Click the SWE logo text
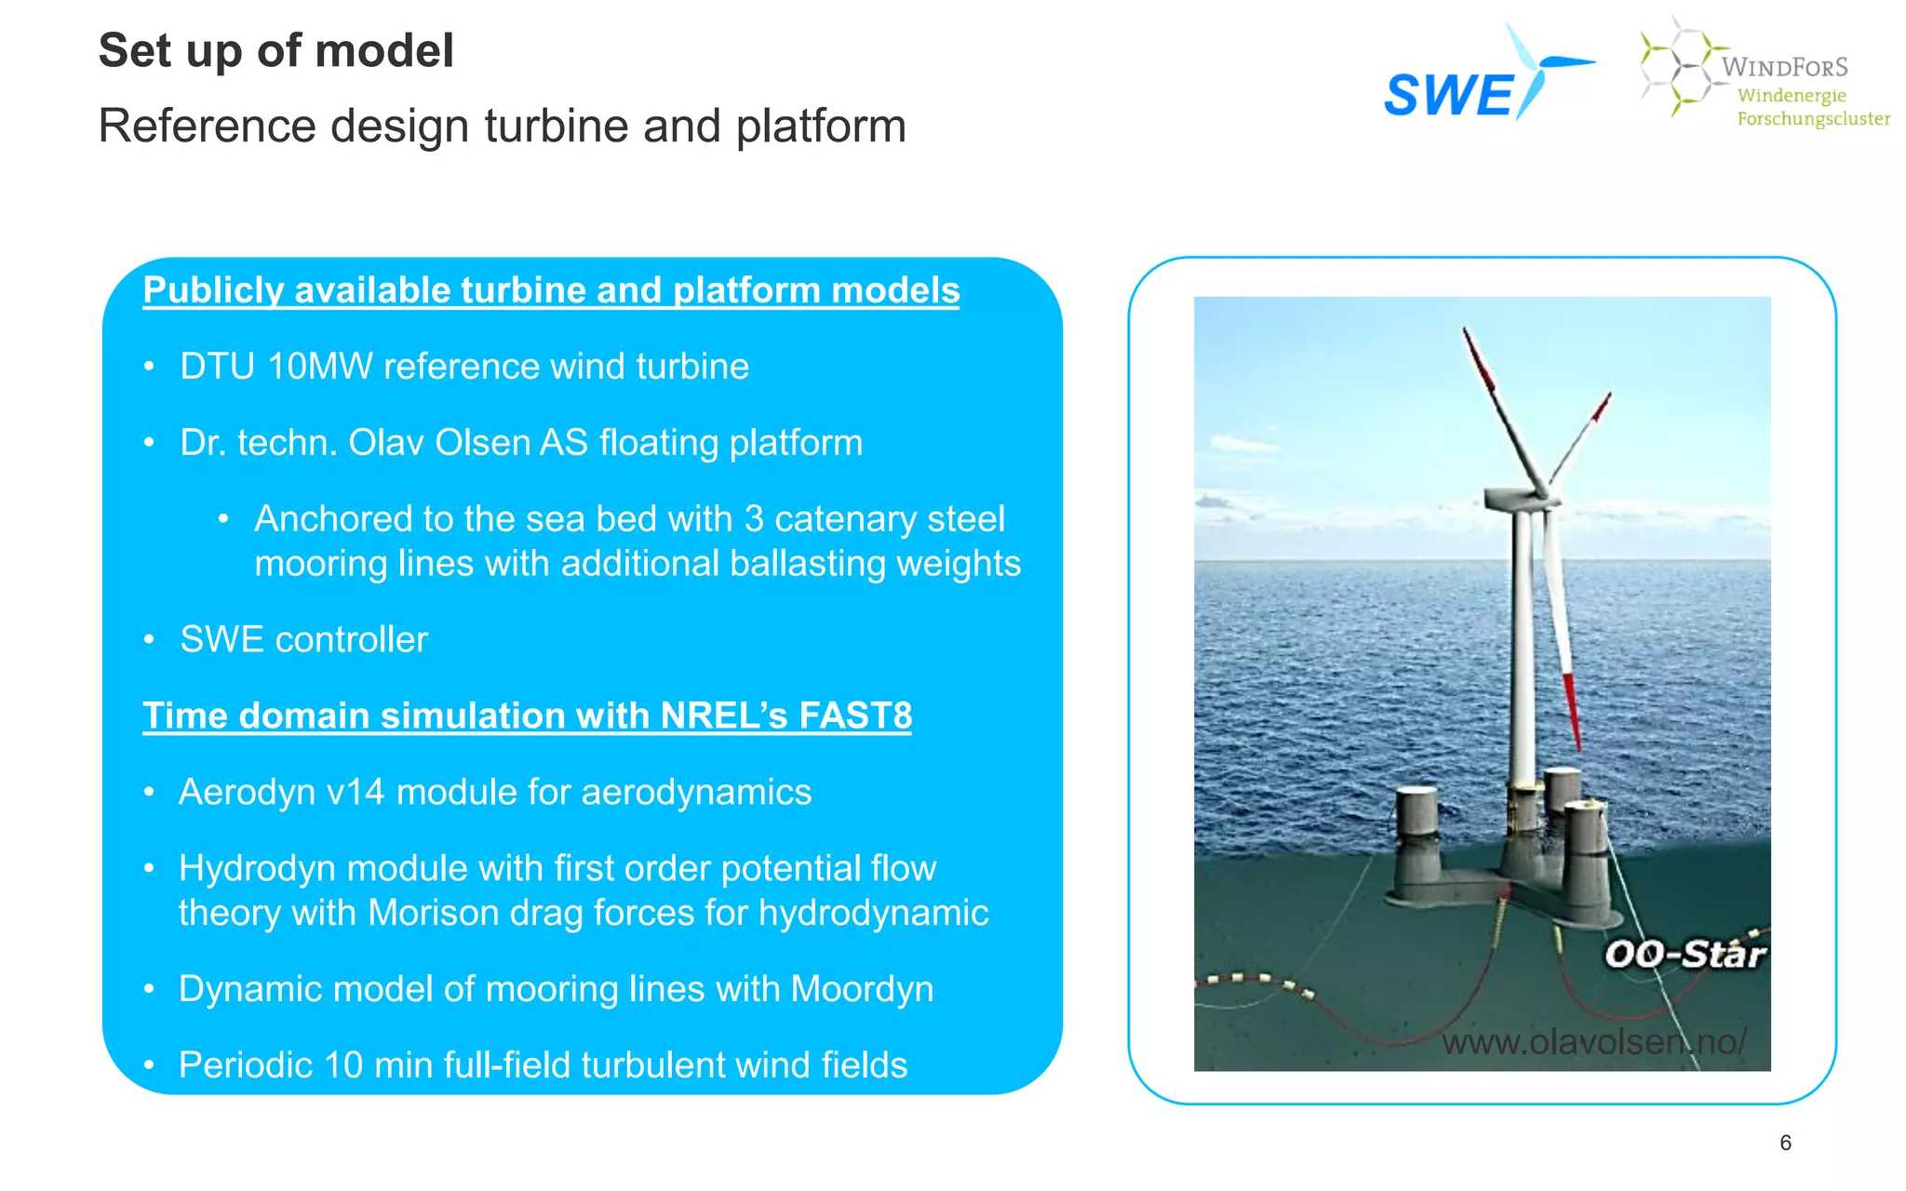[1449, 96]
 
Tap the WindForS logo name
[1784, 67]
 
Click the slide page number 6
[1785, 1143]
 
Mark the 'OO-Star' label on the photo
[1685, 954]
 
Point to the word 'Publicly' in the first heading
[213, 290]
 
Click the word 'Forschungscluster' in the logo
[1814, 119]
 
